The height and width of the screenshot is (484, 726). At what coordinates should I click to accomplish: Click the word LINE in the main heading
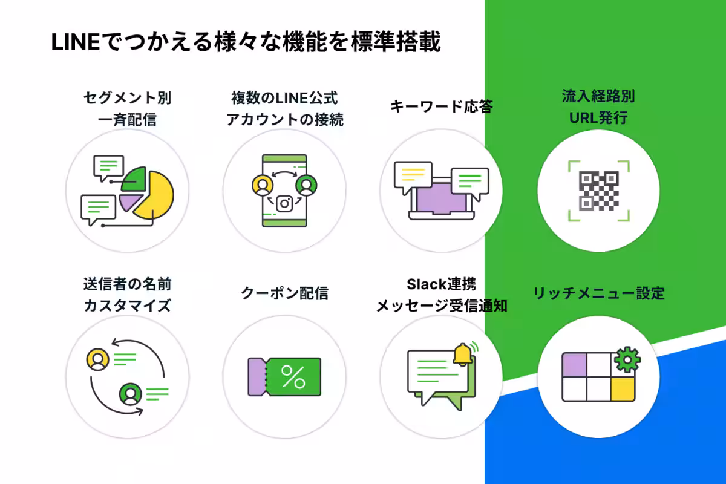click(76, 42)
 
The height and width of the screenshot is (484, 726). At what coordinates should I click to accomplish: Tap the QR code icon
click(598, 191)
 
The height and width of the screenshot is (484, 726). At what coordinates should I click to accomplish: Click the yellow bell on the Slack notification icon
click(462, 355)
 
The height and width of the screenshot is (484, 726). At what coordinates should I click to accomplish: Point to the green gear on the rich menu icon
click(627, 359)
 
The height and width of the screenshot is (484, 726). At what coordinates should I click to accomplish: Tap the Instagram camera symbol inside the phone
click(284, 204)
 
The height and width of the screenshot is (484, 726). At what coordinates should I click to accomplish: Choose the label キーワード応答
click(442, 106)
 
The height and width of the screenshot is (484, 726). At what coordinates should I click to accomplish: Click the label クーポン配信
click(284, 293)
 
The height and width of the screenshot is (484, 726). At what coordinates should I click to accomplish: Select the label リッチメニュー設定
click(599, 293)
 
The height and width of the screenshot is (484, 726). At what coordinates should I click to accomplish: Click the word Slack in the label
click(423, 284)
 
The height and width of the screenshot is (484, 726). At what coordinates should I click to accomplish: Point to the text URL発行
click(598, 118)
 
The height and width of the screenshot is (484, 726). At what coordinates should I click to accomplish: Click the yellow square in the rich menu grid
click(623, 388)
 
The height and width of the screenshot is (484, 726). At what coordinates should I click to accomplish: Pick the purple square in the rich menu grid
click(574, 365)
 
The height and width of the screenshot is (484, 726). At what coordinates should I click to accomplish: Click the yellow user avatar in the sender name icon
click(97, 359)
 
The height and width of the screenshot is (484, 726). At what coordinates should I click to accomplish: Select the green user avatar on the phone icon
click(306, 185)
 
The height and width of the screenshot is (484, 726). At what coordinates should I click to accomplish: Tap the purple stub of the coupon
click(257, 377)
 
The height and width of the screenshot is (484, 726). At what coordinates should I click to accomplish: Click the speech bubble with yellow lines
click(413, 177)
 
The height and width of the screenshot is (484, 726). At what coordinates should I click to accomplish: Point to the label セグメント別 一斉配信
click(128, 109)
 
